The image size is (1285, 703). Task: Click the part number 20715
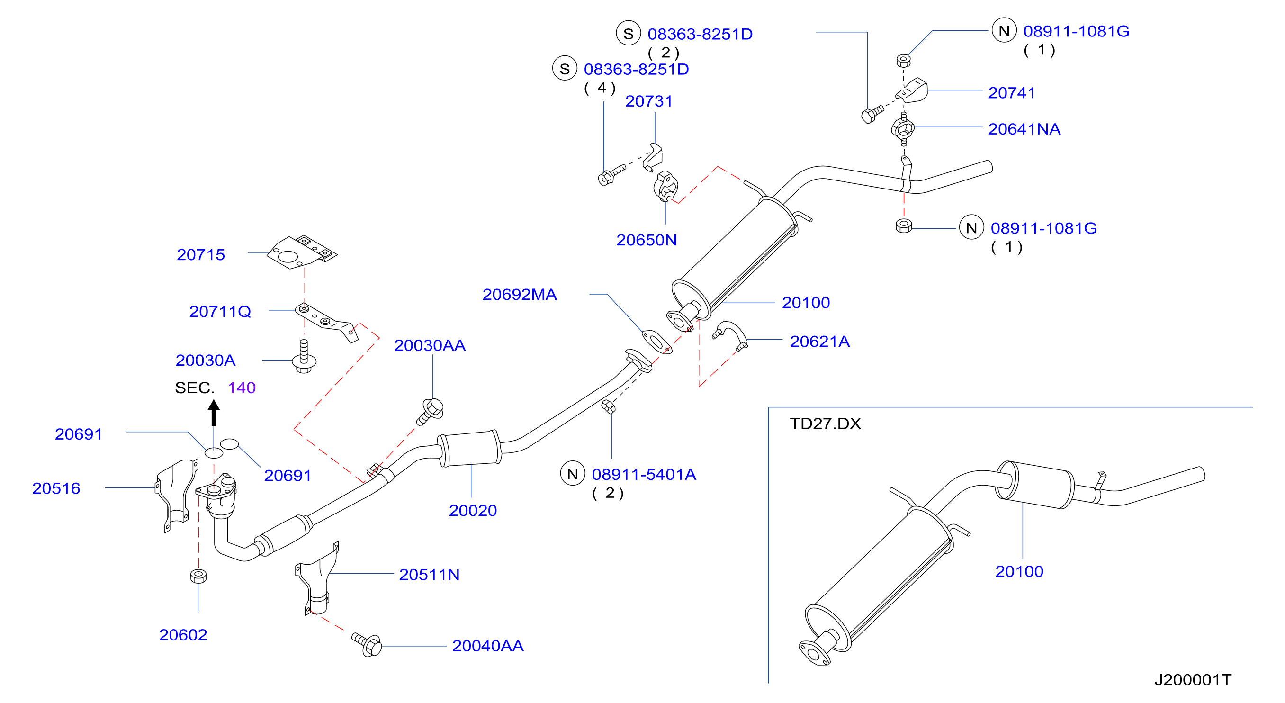tap(200, 255)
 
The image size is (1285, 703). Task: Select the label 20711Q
tap(220, 312)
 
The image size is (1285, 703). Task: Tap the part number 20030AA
tap(430, 345)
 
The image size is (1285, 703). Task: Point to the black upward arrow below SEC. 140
tap(214, 413)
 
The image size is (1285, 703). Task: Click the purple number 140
tap(242, 388)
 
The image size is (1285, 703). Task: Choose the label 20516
tap(56, 488)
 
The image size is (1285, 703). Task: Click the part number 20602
tap(183, 635)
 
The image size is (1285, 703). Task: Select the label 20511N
tap(429, 575)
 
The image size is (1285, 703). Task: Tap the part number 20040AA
tap(487, 646)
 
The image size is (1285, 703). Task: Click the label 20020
tap(473, 511)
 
